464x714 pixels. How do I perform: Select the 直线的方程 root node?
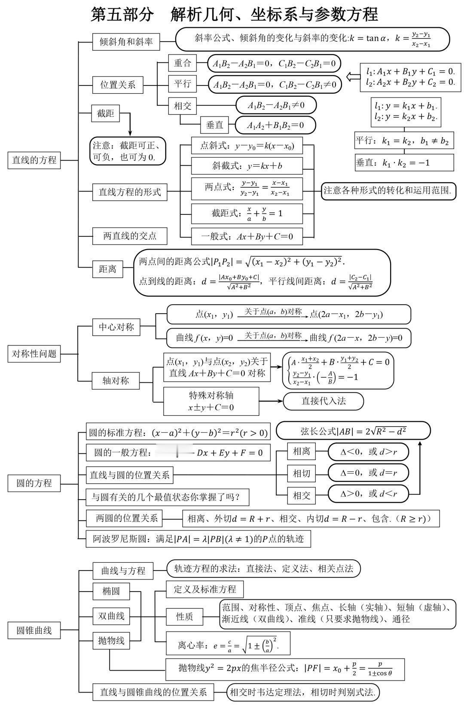click(x=34, y=160)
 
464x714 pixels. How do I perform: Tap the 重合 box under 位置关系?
click(x=182, y=63)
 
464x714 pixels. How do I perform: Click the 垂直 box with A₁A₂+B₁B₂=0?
click(x=214, y=125)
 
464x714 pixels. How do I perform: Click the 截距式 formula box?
click(x=247, y=213)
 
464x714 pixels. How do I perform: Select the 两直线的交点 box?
click(x=130, y=236)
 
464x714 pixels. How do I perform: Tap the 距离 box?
click(x=107, y=269)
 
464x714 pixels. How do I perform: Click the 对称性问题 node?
click(x=34, y=354)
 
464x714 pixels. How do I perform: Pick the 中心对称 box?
click(x=116, y=327)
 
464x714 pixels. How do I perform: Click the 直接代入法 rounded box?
click(x=323, y=401)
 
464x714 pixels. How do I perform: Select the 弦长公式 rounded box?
click(x=353, y=430)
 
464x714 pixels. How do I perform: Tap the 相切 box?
click(x=301, y=473)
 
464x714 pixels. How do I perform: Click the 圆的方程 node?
click(x=34, y=483)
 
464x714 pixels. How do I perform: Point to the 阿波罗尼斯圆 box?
click(x=198, y=539)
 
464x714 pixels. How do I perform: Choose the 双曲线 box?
click(x=111, y=616)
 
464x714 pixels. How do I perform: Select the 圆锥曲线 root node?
click(x=34, y=630)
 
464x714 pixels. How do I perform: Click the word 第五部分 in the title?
click(x=122, y=15)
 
